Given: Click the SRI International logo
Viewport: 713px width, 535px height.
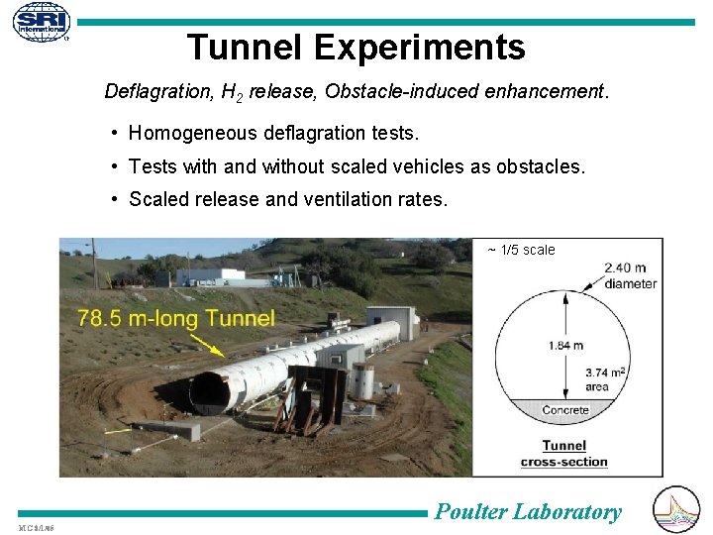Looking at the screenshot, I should [x=42, y=22].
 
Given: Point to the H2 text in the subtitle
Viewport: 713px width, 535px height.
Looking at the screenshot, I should [x=232, y=93].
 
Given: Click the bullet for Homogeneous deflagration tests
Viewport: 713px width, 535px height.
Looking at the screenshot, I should [x=116, y=133].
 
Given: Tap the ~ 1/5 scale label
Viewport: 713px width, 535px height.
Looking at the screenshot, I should [x=522, y=250].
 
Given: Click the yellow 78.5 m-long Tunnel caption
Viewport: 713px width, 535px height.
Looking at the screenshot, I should [x=176, y=319].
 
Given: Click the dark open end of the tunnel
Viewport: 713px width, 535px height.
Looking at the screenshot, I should [x=209, y=392].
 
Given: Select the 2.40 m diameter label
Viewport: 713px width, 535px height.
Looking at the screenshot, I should [x=630, y=275].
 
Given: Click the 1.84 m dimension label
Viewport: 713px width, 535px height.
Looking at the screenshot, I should [x=564, y=345].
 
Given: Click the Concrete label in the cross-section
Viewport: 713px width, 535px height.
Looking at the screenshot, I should [x=565, y=409].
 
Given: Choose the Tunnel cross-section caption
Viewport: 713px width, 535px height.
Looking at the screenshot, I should [x=564, y=454].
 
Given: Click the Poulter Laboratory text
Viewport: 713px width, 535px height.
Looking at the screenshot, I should [x=529, y=512].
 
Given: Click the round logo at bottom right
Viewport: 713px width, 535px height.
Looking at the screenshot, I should [x=677, y=509].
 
